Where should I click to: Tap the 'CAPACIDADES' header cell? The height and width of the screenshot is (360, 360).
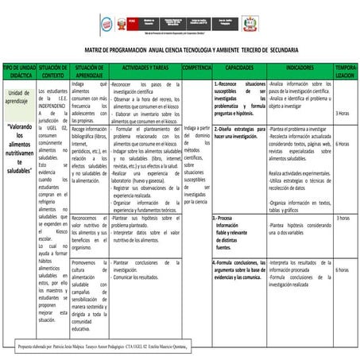pos(239,69)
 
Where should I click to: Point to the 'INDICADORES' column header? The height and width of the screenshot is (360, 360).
pos(300,69)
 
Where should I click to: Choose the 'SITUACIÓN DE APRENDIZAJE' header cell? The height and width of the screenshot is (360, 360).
pos(88,72)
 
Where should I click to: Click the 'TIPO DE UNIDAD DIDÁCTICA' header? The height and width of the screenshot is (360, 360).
pos(17,72)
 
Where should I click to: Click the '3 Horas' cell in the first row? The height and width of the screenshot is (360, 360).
pos(343,113)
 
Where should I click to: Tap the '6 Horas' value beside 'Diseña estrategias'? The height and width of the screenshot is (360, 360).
pos(343,144)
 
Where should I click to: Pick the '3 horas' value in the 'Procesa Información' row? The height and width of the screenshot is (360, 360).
pos(343,217)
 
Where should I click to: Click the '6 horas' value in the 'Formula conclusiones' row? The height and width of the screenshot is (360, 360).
pos(343,269)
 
